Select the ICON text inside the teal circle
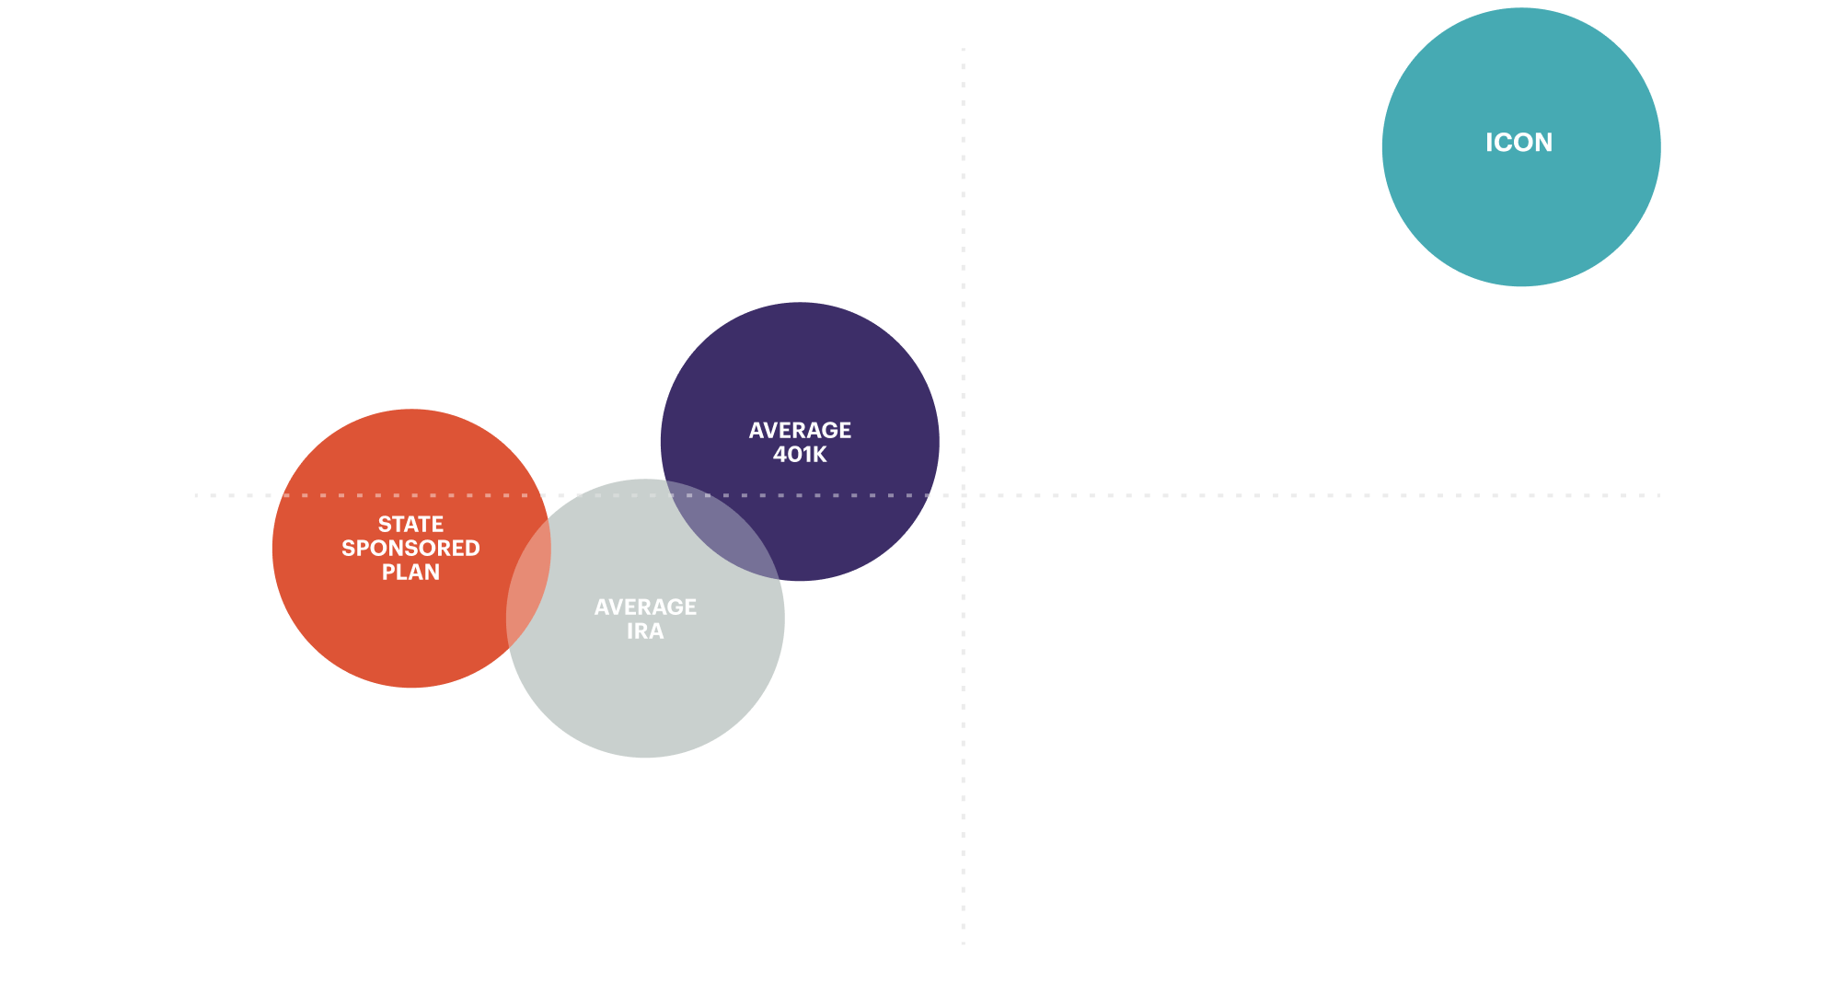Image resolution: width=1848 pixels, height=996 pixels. [1519, 143]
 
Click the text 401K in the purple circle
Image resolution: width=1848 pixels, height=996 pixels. [800, 455]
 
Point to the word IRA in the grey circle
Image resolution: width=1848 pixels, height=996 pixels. [645, 631]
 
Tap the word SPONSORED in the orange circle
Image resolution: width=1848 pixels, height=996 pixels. [410, 548]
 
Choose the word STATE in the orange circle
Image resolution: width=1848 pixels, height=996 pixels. [410, 524]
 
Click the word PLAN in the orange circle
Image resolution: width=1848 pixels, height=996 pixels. [410, 572]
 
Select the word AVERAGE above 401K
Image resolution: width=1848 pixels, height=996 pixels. [800, 430]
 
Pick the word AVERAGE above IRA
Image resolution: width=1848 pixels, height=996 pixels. [645, 607]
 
